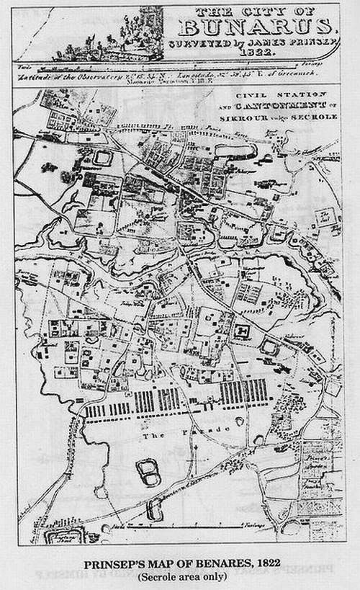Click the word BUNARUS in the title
coord(256,27)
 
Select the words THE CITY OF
coord(256,11)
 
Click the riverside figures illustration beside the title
coord(108,36)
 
